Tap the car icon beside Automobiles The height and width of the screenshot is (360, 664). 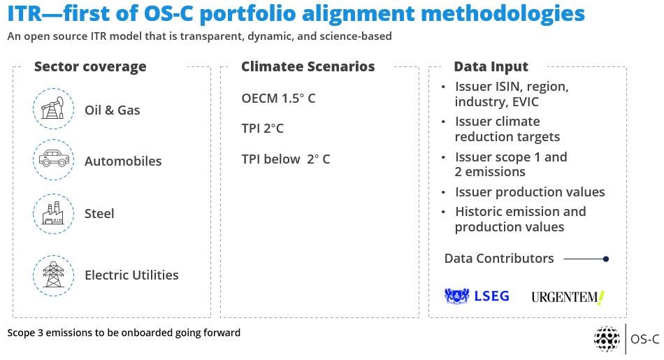click(x=54, y=159)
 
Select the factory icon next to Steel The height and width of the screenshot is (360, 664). click(x=53, y=213)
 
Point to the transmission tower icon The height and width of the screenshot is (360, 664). click(x=53, y=275)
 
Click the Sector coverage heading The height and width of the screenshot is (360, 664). click(x=90, y=66)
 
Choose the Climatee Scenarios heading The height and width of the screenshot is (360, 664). click(x=308, y=66)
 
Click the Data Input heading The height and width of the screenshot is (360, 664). click(x=491, y=66)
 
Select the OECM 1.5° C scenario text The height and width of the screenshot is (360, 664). click(x=278, y=99)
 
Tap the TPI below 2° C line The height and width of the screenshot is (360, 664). click(x=285, y=159)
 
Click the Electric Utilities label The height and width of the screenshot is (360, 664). click(x=131, y=275)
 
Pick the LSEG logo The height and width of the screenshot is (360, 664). click(x=477, y=296)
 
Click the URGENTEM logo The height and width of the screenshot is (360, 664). click(x=568, y=297)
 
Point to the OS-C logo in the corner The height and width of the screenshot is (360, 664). click(x=626, y=339)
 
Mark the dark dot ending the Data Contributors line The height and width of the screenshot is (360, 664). click(x=606, y=259)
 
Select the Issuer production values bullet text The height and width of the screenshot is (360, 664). click(x=530, y=192)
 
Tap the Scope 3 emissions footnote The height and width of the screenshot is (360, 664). click(x=124, y=333)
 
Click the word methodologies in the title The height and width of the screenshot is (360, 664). click(x=503, y=13)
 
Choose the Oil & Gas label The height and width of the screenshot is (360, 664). click(x=113, y=110)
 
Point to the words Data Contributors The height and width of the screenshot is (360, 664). click(x=499, y=259)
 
